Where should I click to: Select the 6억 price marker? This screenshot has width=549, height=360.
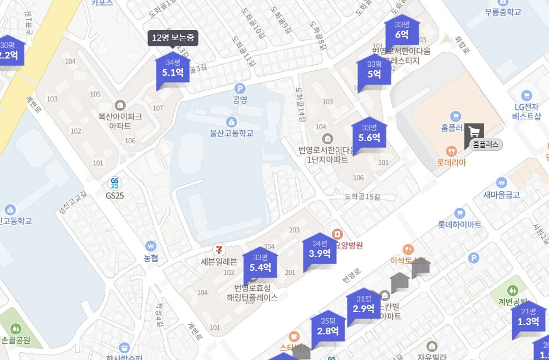pyautogui.click(x=402, y=31)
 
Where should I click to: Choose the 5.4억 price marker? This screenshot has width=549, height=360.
pyautogui.click(x=260, y=263)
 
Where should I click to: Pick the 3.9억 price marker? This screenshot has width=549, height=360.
pyautogui.click(x=320, y=249)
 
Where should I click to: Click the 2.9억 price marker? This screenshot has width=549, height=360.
pyautogui.click(x=364, y=304)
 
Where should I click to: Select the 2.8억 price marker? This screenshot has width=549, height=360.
pyautogui.click(x=328, y=327)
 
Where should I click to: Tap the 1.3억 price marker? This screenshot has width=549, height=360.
pyautogui.click(x=528, y=317)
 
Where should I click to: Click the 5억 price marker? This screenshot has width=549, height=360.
pyautogui.click(x=374, y=70)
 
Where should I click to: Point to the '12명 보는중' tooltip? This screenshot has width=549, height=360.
pyautogui.click(x=173, y=38)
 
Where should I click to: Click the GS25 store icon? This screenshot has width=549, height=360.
pyautogui.click(x=115, y=183)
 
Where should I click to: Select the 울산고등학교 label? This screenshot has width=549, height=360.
pyautogui.click(x=232, y=133)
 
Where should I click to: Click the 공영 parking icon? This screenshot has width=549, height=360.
pyautogui.click(x=240, y=88)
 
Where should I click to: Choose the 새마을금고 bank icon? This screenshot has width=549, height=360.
pyautogui.click(x=502, y=182)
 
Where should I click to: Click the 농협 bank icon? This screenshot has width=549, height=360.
pyautogui.click(x=150, y=246)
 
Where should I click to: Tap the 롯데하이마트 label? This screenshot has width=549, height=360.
pyautogui.click(x=459, y=225)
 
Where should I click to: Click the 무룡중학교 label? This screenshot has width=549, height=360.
pyautogui.click(x=495, y=12)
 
